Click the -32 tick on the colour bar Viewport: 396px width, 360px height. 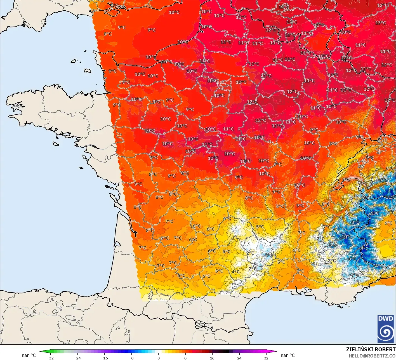click(50, 358)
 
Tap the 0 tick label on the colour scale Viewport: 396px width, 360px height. click(158, 358)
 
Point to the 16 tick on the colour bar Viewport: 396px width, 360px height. click(212, 358)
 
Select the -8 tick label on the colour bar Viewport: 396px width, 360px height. click(131, 358)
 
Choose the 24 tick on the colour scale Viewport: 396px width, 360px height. click(239, 358)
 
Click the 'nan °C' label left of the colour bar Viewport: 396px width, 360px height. click(29, 355)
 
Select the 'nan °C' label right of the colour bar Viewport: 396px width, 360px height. click(287, 355)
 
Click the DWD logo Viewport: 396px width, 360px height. click(386, 329)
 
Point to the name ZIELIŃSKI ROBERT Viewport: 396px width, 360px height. click(371, 349)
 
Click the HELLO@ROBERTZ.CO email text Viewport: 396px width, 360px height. click(372, 356)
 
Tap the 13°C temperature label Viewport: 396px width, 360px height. click(381, 23)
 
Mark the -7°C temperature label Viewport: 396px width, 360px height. click(333, 246)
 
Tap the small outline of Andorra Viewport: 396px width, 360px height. click(200, 325)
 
